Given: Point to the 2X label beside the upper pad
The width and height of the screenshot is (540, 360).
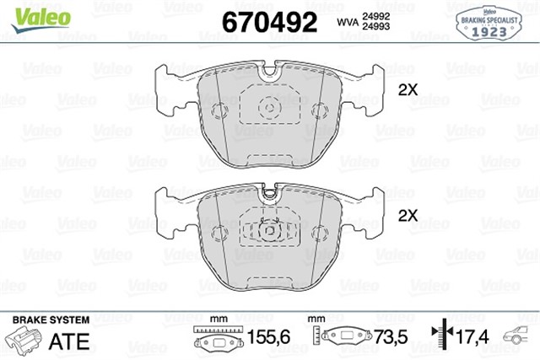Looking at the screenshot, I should [408, 89].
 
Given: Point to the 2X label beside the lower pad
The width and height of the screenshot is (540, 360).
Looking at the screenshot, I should [408, 216].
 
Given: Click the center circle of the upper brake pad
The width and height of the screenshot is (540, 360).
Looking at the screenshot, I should [269, 108].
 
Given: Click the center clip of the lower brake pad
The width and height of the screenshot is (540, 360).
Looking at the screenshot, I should [269, 230].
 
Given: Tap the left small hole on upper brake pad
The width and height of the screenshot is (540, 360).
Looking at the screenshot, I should [220, 110].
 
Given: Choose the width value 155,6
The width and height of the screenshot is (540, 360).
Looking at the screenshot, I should [273, 339].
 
